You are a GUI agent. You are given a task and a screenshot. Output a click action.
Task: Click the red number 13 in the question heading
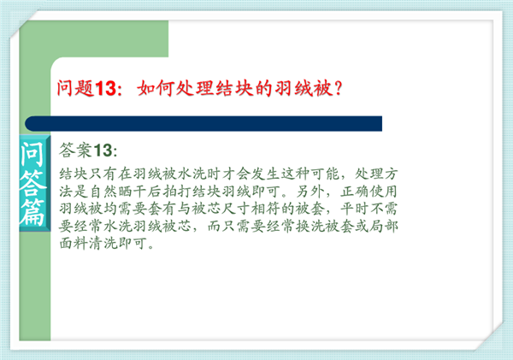[105, 88]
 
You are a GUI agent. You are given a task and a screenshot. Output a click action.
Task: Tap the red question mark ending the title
[339, 88]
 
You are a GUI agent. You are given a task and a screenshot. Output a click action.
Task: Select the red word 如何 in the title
[156, 88]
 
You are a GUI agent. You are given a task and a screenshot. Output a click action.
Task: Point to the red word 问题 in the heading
[76, 88]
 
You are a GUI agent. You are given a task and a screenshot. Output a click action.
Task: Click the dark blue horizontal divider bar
[203, 124]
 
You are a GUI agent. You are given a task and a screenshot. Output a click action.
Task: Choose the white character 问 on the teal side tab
[32, 154]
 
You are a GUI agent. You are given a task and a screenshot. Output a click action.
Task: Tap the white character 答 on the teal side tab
[32, 184]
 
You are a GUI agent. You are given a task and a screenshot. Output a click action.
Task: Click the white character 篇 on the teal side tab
[32, 213]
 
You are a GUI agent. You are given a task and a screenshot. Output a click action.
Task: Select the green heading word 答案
[75, 150]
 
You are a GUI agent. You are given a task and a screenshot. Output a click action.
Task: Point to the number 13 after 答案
[103, 150]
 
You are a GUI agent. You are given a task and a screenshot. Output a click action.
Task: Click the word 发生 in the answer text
[266, 174]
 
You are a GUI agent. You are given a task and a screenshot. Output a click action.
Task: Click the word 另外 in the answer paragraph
[310, 192]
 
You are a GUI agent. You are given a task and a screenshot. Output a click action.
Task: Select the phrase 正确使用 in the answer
[369, 192]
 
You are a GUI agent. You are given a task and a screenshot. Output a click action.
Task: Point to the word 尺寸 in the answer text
[237, 209]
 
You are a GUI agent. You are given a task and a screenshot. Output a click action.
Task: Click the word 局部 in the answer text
[384, 226]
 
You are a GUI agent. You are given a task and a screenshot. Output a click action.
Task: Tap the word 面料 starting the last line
[74, 243]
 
